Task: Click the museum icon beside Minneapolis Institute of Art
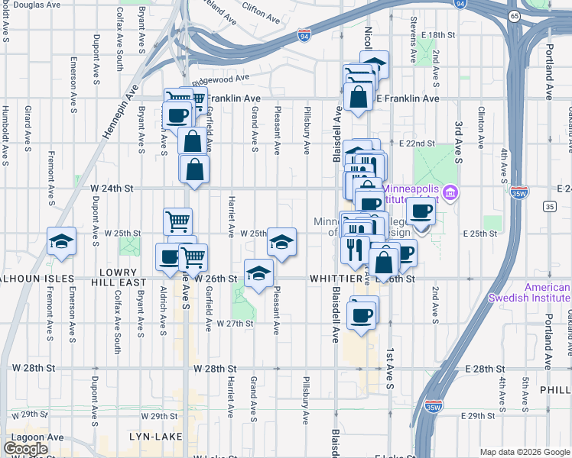pos(451,190)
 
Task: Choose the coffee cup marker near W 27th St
pos(361,314)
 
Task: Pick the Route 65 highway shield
pos(515,16)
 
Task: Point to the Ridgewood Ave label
pos(221,79)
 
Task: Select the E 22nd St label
pos(417,143)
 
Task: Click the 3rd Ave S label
pos(459,142)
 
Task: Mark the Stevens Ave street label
pos(413,29)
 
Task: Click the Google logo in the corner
pos(26,449)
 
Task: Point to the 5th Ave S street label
pos(525,392)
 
